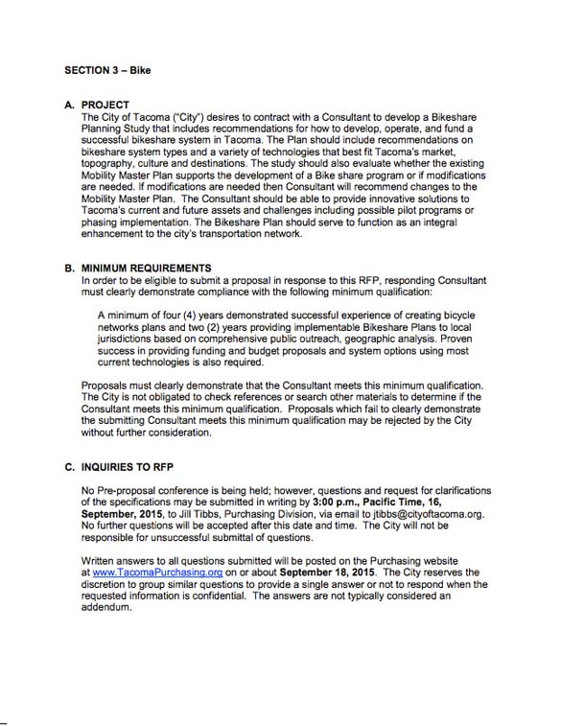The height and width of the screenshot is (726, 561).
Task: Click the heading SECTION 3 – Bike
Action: click(x=108, y=70)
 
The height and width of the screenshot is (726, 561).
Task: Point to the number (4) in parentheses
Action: click(x=186, y=315)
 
